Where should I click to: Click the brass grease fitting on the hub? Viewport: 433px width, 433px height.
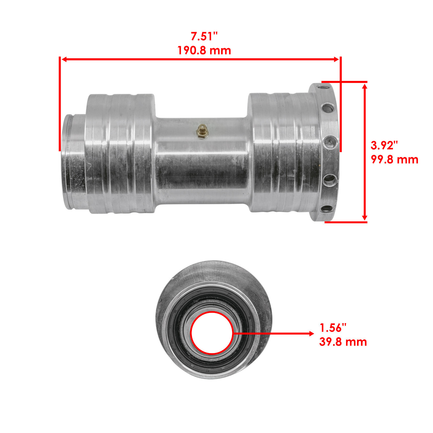coord(202,132)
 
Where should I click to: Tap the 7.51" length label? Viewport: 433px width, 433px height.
coord(204,37)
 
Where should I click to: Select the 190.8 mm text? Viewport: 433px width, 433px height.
coord(204,51)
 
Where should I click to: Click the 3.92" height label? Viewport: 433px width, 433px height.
coord(384,146)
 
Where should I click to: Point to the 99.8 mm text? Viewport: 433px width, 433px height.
coord(394,160)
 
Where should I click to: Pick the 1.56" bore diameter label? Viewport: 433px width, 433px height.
coord(333,328)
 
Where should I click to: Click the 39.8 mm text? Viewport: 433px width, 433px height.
coord(343,342)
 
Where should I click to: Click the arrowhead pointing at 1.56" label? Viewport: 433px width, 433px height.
coord(311,334)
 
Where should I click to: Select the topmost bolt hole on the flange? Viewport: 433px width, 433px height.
coord(322,88)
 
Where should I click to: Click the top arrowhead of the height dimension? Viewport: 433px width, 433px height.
coord(365,86)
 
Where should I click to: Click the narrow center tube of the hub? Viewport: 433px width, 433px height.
coord(202,168)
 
